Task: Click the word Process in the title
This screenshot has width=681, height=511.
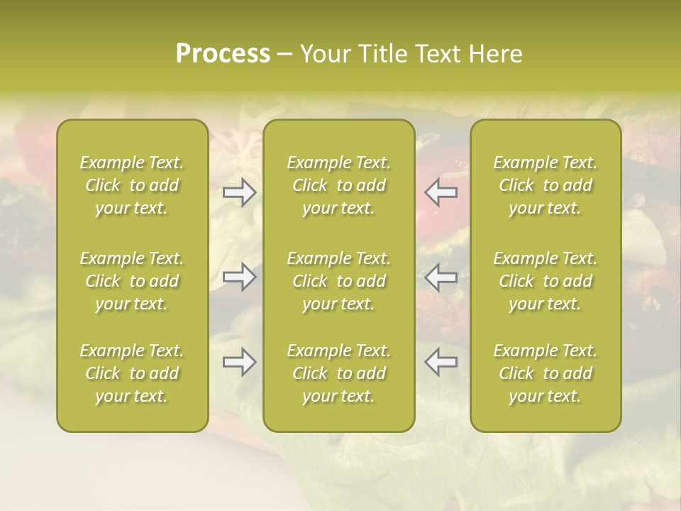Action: (x=223, y=54)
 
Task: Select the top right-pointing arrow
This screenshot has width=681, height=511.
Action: (x=240, y=192)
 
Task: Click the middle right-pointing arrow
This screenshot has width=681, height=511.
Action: (x=240, y=277)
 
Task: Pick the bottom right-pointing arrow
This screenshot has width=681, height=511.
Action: (x=240, y=362)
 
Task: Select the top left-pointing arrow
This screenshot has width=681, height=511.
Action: (x=441, y=192)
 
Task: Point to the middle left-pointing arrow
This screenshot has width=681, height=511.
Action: (x=441, y=277)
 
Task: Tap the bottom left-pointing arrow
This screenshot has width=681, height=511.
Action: (x=441, y=362)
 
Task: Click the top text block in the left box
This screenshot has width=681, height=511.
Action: (x=132, y=185)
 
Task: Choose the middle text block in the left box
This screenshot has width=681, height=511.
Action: (x=132, y=281)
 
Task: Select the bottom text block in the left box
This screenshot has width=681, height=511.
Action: (x=132, y=373)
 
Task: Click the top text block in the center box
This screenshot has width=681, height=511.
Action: (x=338, y=185)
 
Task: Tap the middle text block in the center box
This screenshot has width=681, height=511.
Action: (x=338, y=281)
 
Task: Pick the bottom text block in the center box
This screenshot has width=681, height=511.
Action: (x=338, y=373)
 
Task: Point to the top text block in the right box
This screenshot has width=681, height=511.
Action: (x=546, y=185)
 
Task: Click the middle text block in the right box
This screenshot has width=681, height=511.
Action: (x=546, y=281)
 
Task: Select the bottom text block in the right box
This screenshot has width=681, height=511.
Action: (x=546, y=373)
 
